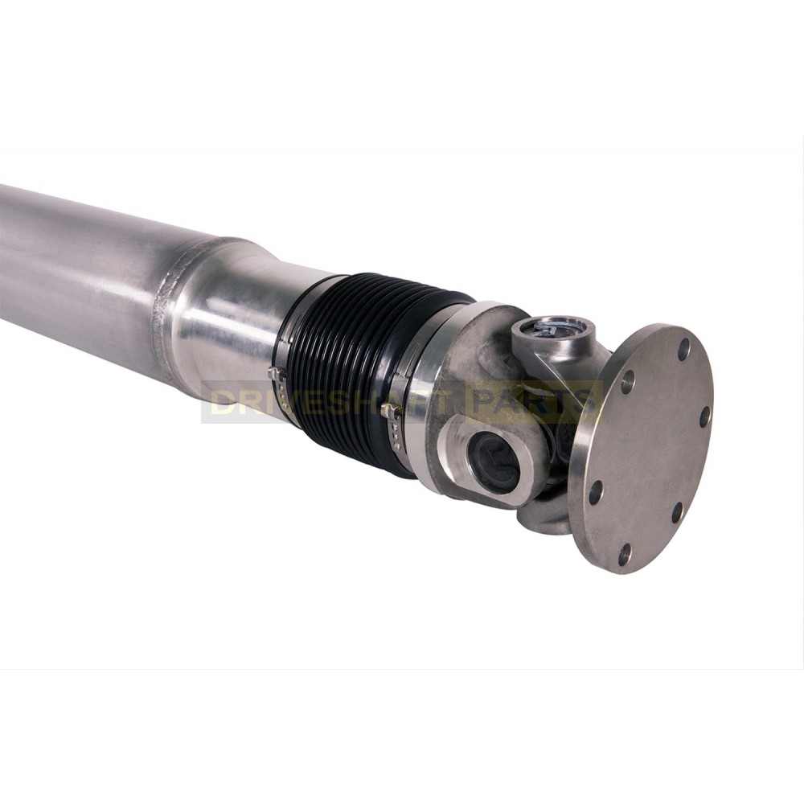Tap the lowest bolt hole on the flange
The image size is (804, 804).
(624, 554)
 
